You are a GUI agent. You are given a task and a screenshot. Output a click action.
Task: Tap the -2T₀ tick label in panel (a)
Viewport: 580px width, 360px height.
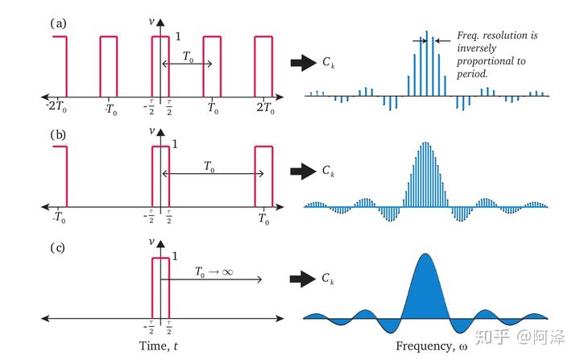(x=56, y=107)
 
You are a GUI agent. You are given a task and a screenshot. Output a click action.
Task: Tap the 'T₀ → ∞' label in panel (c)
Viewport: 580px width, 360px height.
(x=213, y=272)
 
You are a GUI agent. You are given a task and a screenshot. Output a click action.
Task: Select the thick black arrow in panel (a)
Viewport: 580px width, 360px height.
(x=304, y=61)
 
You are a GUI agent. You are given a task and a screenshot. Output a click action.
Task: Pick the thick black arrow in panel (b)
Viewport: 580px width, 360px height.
(x=304, y=170)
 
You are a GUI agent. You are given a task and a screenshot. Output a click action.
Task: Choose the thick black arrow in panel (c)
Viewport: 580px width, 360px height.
(x=304, y=279)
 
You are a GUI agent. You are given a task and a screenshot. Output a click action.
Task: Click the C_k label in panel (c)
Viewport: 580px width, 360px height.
(x=328, y=279)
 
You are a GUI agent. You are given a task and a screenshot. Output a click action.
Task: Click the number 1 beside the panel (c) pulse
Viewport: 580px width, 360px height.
(x=176, y=255)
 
